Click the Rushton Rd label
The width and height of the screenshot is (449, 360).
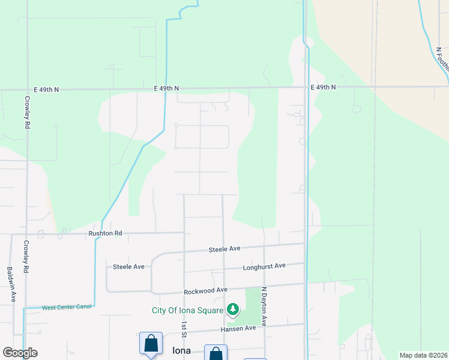click(x=105, y=233)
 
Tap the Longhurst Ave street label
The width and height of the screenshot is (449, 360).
click(x=264, y=268)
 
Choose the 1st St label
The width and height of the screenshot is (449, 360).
click(x=184, y=329)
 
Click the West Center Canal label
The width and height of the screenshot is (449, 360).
click(x=67, y=307)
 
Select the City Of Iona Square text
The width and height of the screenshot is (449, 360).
click(x=187, y=310)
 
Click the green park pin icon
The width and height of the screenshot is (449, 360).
click(x=233, y=310)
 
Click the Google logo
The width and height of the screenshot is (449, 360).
click(x=20, y=353)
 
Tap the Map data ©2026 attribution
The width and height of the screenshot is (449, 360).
click(x=423, y=355)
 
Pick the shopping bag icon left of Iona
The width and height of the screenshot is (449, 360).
click(x=151, y=344)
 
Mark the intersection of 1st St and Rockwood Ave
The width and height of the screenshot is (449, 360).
click(x=184, y=292)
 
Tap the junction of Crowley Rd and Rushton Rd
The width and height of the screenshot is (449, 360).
click(x=26, y=234)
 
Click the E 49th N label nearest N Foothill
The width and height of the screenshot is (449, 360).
click(x=323, y=88)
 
